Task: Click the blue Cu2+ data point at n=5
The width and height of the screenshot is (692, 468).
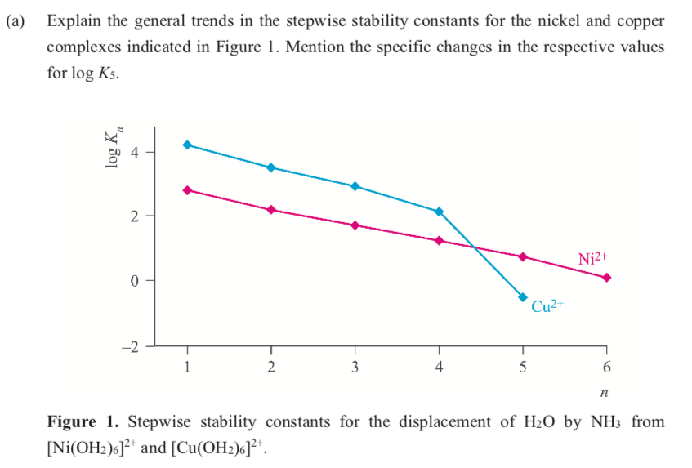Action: [523, 296]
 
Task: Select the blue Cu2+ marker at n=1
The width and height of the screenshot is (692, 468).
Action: [187, 145]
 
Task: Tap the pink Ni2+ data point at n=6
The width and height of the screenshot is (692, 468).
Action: [606, 277]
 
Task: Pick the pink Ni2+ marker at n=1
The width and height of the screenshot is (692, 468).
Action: [187, 190]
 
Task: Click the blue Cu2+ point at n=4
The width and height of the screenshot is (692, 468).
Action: [439, 212]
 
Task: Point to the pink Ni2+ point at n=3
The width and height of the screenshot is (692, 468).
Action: [355, 225]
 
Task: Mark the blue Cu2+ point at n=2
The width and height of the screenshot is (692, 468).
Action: [271, 167]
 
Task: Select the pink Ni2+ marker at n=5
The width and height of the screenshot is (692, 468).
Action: [523, 256]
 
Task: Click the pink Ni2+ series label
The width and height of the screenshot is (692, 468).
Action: [593, 258]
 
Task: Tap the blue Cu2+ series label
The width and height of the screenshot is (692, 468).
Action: [548, 307]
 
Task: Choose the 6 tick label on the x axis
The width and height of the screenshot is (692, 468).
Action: [606, 367]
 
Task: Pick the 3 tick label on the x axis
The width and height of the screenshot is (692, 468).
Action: [355, 367]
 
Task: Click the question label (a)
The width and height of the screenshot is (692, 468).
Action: [16, 20]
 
